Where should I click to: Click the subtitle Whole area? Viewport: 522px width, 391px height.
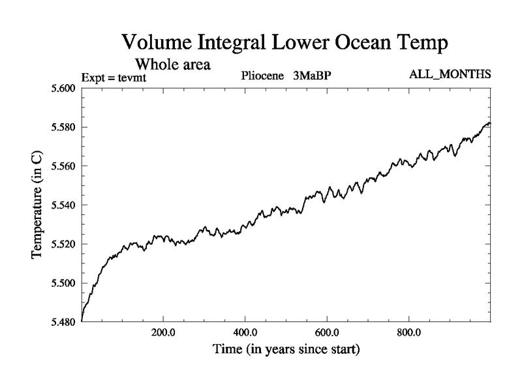click(172, 65)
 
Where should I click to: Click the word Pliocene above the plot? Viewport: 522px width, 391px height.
click(262, 76)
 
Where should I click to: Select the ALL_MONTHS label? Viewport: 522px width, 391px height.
click(450, 75)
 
